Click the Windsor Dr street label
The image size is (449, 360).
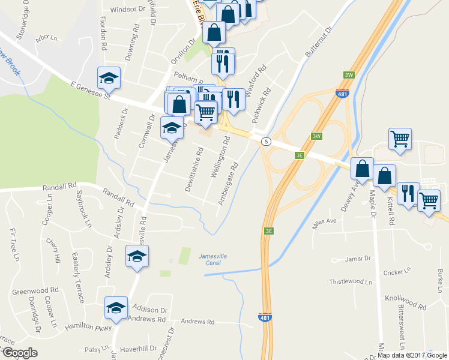pyautogui.click(x=125, y=10)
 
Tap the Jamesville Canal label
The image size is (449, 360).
pyautogui.click(x=214, y=260)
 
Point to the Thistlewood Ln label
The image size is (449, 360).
pyautogui.click(x=351, y=281)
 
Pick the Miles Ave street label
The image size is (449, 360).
pyautogui.click(x=325, y=223)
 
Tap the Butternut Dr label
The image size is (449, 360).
pyautogui.click(x=318, y=42)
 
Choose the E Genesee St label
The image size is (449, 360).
pyautogui.click(x=91, y=91)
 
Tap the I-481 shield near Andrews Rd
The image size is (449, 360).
pyautogui.click(x=264, y=317)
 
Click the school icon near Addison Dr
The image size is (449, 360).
pyautogui.click(x=115, y=308)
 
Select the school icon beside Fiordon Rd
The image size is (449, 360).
pyautogui.click(x=109, y=78)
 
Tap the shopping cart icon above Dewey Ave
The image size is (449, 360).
pyautogui.click(x=400, y=139)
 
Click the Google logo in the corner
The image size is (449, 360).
pyautogui.click(x=19, y=353)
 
